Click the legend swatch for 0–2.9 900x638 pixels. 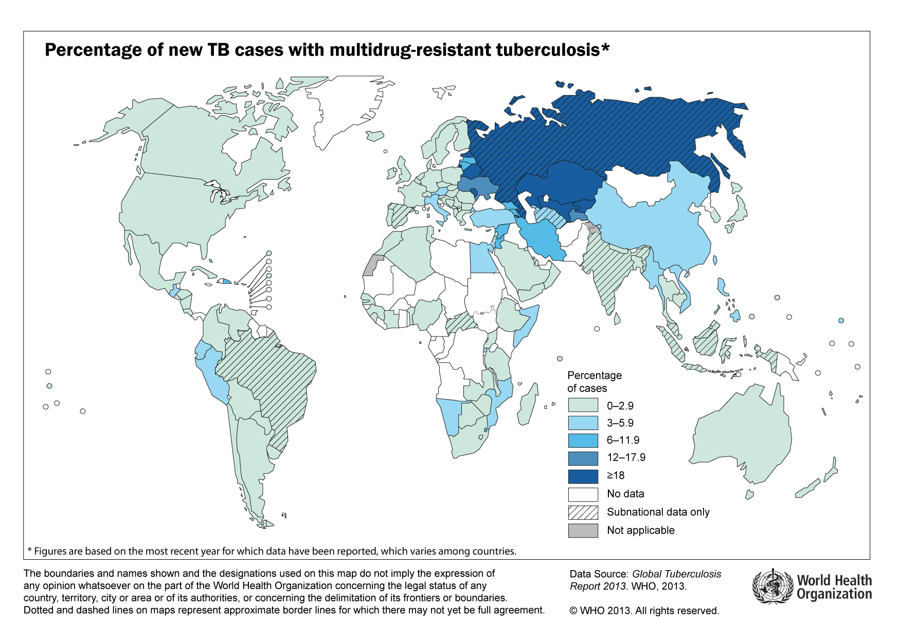point(583,405)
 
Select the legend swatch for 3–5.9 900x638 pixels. point(583,423)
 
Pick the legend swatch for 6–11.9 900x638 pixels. point(583,440)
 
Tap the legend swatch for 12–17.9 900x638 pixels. point(583,458)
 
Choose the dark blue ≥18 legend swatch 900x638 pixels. point(583,476)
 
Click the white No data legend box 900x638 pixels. point(583,494)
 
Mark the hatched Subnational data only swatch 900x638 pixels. point(583,512)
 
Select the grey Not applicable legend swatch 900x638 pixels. point(583,530)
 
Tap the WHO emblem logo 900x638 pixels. point(772,587)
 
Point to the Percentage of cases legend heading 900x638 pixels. point(594,381)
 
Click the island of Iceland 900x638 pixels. point(375,136)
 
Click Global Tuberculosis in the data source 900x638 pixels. point(676,574)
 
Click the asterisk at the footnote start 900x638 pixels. point(29,551)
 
